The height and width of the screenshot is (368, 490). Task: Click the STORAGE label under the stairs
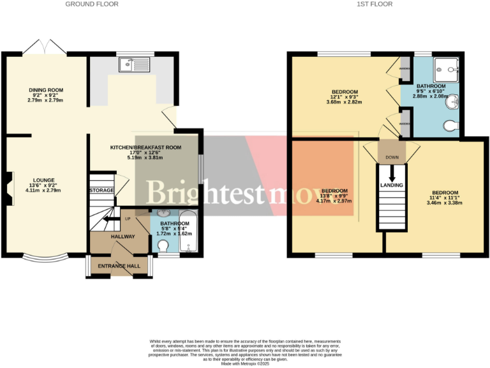101,190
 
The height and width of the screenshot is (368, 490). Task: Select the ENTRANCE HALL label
118,265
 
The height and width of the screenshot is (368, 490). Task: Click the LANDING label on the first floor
391,185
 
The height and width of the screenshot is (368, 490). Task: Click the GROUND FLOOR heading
93,4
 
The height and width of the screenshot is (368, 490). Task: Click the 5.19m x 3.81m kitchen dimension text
145,157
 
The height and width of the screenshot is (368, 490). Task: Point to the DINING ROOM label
46,90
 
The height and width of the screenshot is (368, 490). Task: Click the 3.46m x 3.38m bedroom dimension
445,203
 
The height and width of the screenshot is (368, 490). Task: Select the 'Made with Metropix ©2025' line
245,363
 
